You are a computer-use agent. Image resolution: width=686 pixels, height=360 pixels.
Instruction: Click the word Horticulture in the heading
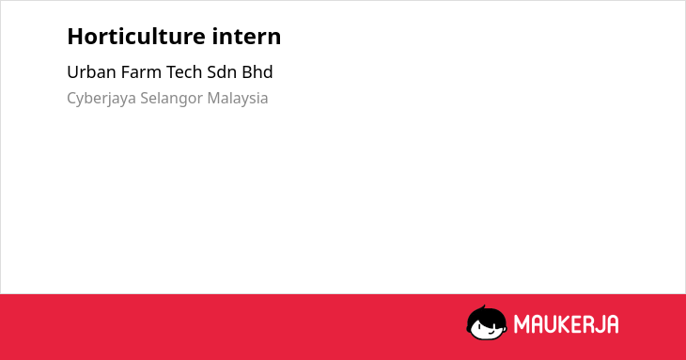pyautogui.click(x=136, y=37)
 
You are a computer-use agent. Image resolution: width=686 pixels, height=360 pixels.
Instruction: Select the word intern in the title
pyautogui.click(x=247, y=37)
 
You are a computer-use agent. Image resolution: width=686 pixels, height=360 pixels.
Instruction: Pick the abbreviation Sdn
pyautogui.click(x=222, y=72)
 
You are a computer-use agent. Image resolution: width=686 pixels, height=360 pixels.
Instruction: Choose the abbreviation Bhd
pyautogui.click(x=257, y=72)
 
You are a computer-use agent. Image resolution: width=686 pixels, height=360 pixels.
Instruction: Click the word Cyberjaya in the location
pyautogui.click(x=101, y=99)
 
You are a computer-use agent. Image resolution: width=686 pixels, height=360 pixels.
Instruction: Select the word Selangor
pyautogui.click(x=171, y=99)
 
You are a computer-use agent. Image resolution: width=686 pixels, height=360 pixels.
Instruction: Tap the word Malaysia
pyautogui.click(x=238, y=98)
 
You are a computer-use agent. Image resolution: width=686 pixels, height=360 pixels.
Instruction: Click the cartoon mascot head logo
pyautogui.click(x=487, y=322)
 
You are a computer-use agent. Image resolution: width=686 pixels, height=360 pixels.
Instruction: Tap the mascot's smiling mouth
pyautogui.click(x=491, y=332)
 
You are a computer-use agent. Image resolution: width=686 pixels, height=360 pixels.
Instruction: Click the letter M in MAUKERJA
pyautogui.click(x=521, y=324)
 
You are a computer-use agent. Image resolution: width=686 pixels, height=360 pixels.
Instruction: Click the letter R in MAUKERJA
pyautogui.click(x=588, y=324)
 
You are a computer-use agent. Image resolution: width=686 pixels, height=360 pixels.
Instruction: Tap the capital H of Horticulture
pyautogui.click(x=75, y=37)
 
